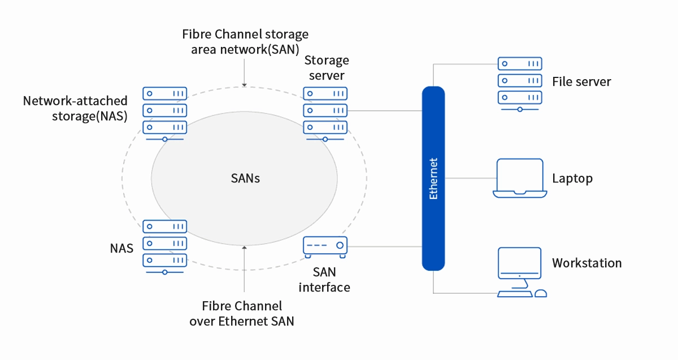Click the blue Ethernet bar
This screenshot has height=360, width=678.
coord(433,178)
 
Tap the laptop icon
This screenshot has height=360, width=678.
coord(520,179)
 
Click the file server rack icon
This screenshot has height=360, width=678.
coord(520,82)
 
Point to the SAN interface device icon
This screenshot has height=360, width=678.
coord(325,245)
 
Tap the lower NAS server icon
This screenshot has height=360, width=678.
coord(164,245)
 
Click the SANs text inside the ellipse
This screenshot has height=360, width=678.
coord(245,179)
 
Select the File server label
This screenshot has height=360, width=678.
coord(581,82)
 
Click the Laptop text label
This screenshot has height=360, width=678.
coord(572,179)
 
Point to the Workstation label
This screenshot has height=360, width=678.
coord(586,263)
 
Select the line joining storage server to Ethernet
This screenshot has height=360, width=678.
coord(384,110)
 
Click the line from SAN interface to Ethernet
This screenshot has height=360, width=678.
coord(384,246)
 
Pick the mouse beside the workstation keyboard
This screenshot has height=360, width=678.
coord(540,293)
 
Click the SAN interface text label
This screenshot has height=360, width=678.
coord(324,279)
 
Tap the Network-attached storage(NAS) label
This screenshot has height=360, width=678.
coord(75,109)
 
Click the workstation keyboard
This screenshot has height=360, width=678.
coord(514,294)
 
